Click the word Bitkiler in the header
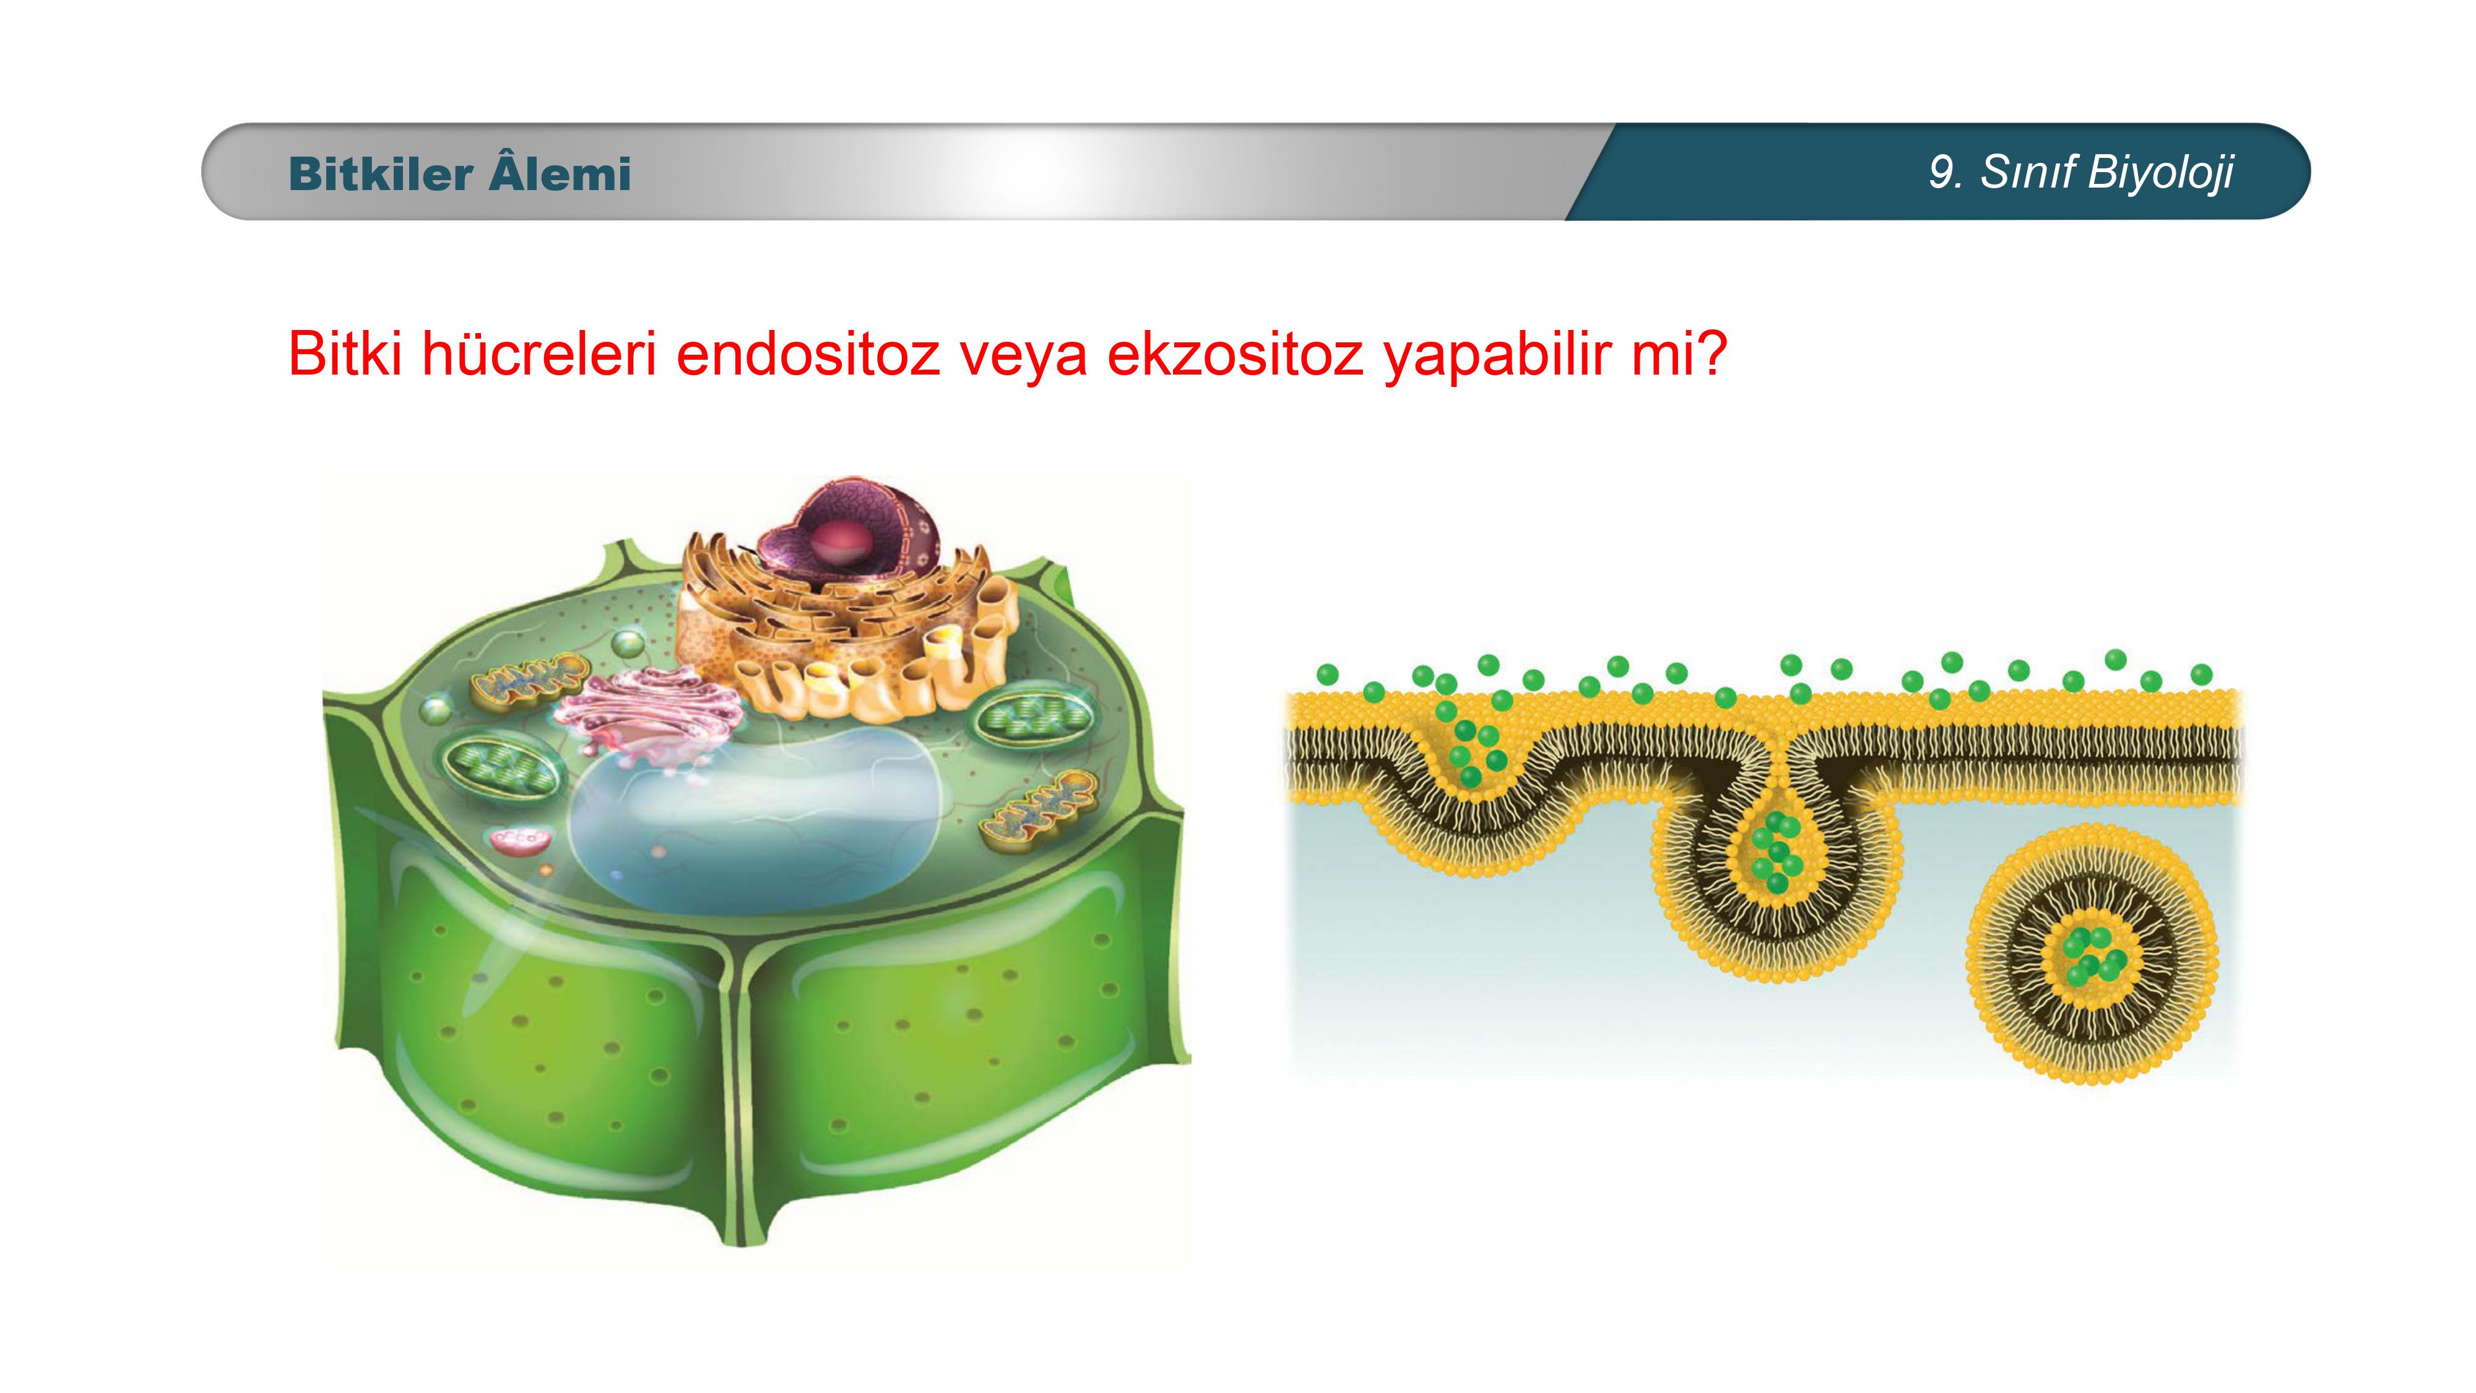[381, 174]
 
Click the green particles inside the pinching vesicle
[1777, 851]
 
